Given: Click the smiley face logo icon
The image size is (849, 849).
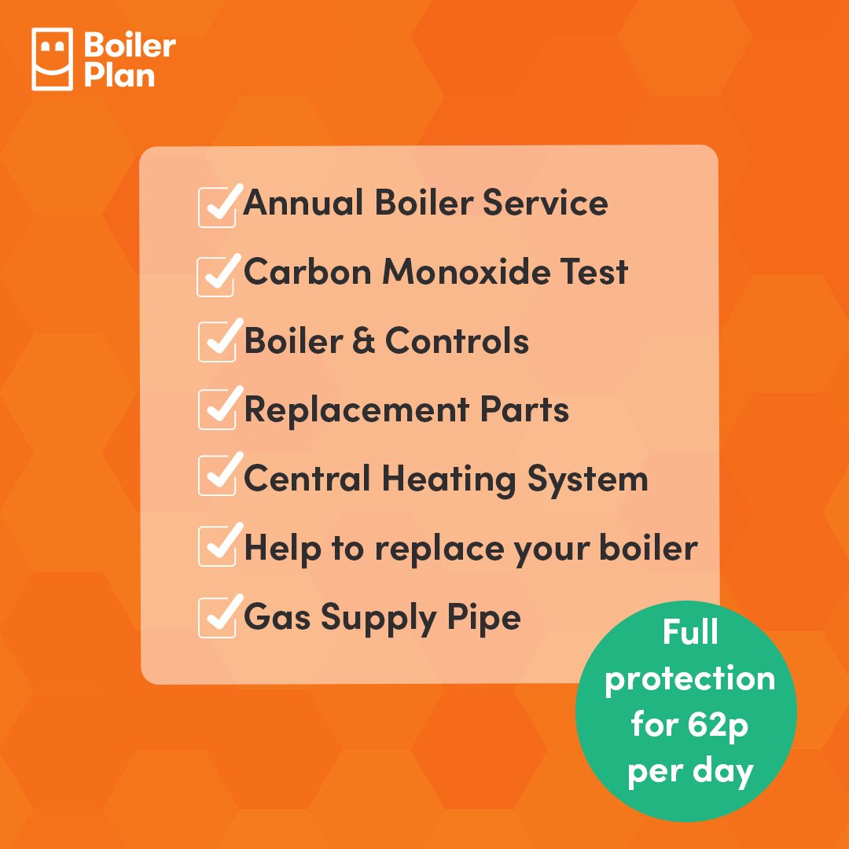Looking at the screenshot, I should (x=52, y=59).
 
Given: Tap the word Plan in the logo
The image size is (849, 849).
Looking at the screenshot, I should (x=119, y=75).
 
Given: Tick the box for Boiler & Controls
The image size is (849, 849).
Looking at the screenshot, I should (x=217, y=344).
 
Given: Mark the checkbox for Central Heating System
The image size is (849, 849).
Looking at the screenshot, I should (x=217, y=479).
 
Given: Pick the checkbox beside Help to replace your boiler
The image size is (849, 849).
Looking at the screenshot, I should (x=217, y=547).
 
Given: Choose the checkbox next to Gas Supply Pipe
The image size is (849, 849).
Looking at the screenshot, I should (x=217, y=617).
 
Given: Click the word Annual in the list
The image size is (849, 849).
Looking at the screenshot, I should (x=303, y=203).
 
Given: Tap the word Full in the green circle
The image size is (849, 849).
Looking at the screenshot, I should (x=689, y=632).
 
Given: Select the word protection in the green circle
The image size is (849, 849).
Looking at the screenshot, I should (x=689, y=679).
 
